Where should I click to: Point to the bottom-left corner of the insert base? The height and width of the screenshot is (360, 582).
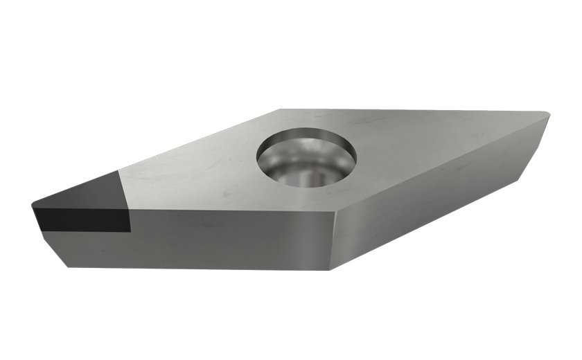coord(66,267)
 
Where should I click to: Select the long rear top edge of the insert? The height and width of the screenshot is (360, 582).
coord(416,111)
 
